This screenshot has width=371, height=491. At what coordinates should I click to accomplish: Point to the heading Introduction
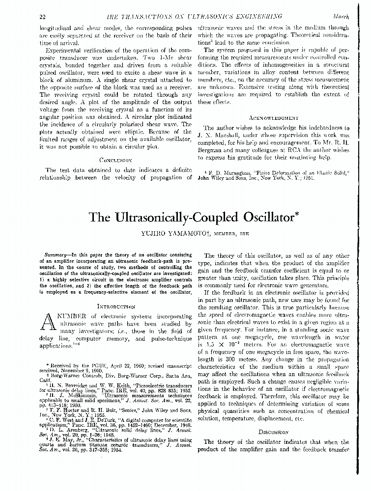[x=116, y=306]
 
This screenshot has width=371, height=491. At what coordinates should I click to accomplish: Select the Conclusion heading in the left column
[x=116, y=160]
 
